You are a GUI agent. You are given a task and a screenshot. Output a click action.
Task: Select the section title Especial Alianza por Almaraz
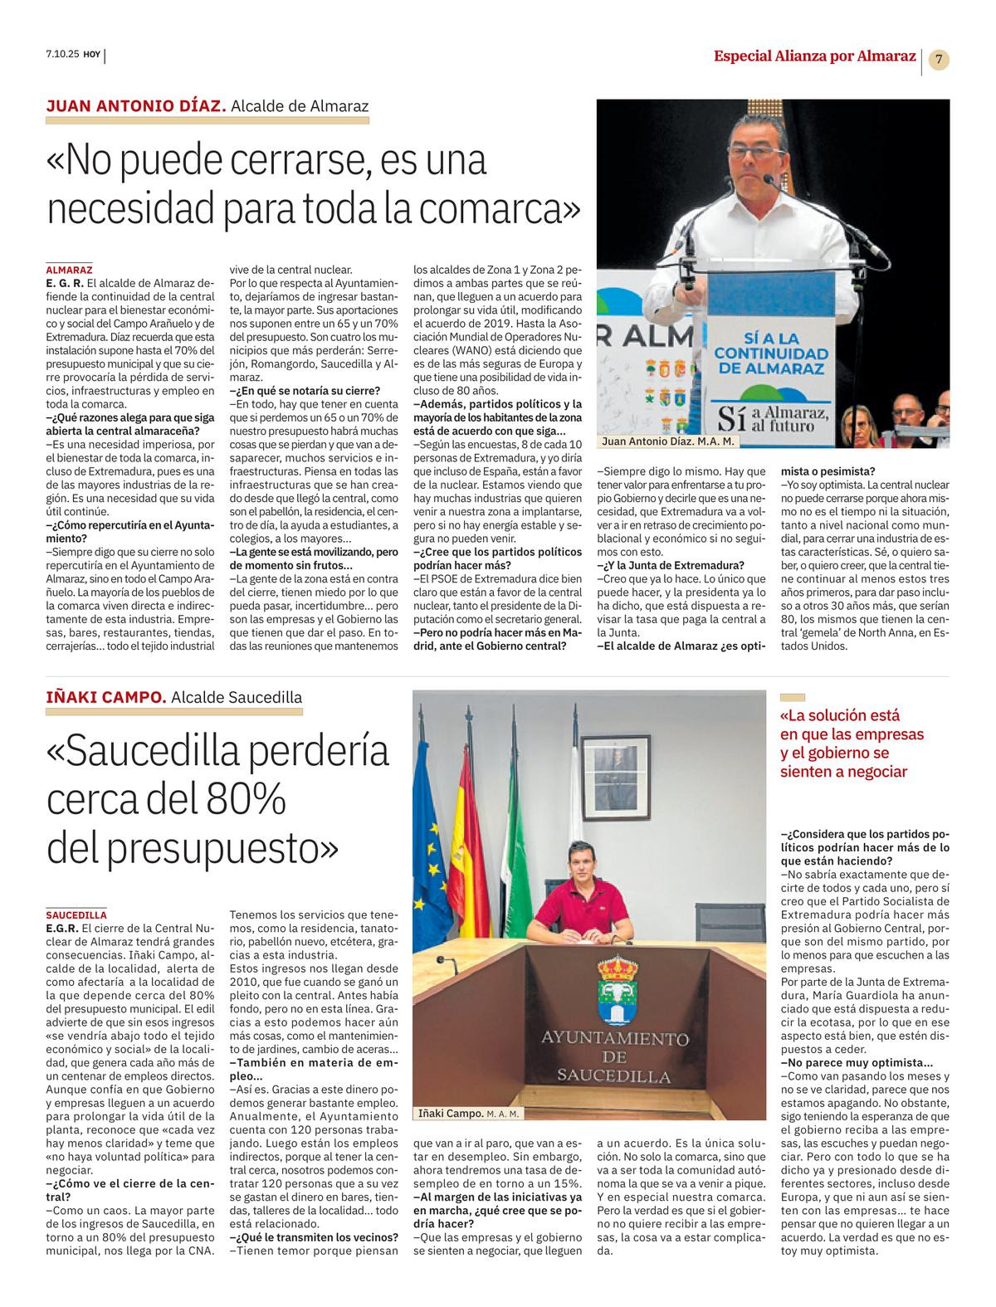[814, 56]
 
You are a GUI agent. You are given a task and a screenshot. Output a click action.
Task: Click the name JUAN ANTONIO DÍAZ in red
[136, 105]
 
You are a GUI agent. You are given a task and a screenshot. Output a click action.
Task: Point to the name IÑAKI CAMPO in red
[106, 697]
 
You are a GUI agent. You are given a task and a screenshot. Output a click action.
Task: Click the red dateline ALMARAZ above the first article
[69, 270]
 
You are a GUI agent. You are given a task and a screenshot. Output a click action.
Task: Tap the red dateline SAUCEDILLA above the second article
[76, 914]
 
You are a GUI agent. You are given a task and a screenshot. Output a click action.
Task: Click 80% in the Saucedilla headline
[241, 799]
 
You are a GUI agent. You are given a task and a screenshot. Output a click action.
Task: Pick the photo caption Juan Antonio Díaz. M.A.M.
[667, 442]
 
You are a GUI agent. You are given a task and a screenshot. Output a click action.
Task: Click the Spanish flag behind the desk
[478, 838]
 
